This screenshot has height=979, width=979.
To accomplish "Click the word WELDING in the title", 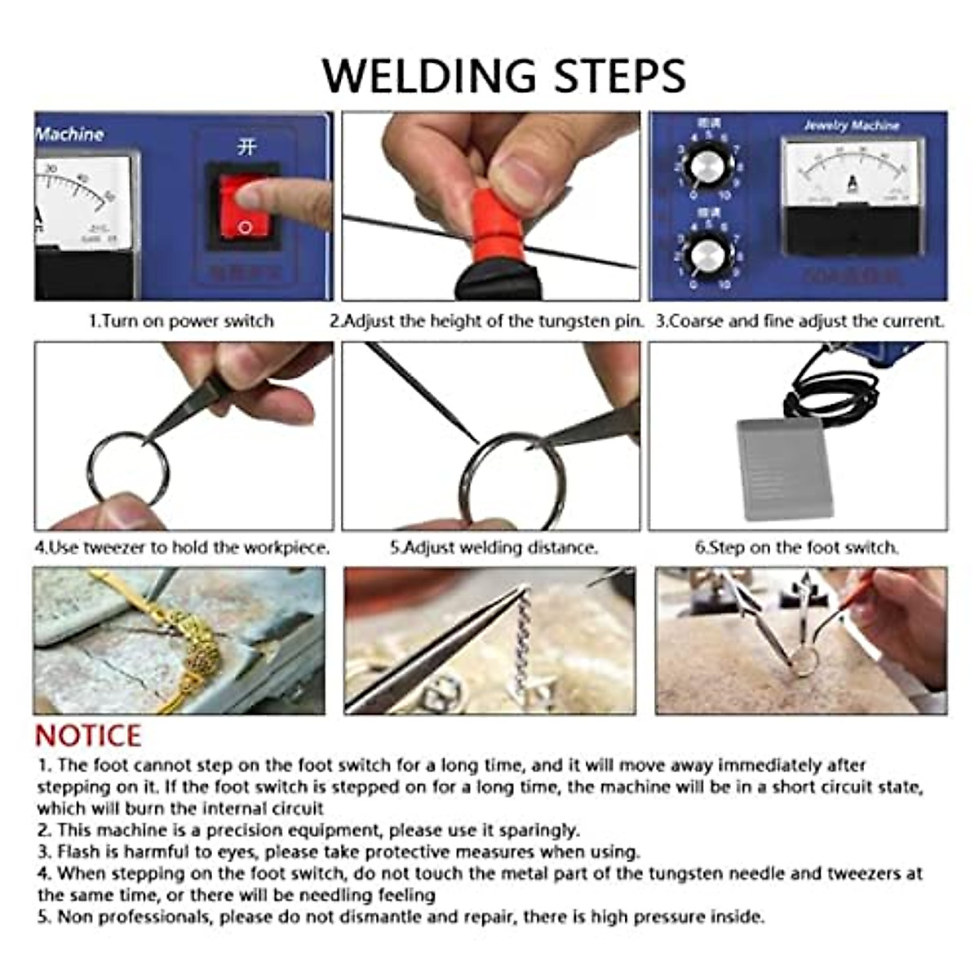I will coord(430,76).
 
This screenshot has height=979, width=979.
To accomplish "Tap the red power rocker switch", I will coord(242,204).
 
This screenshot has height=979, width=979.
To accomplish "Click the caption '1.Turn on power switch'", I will coord(181,321).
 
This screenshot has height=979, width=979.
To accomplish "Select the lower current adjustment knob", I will coord(703,255).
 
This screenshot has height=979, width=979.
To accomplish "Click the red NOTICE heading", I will coord(88,736).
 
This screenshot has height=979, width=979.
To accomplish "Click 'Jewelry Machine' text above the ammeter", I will coord(851,126).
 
